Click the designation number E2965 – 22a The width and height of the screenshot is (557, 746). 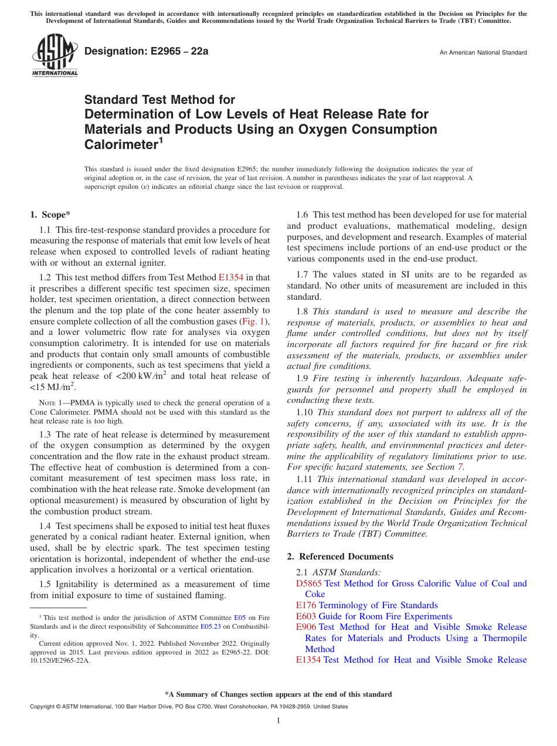(x=146, y=52)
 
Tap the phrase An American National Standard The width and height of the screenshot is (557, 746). (x=483, y=53)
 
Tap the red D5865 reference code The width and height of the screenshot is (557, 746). (x=308, y=584)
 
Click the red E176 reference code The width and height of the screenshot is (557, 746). (x=306, y=605)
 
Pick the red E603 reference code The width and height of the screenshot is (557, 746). (x=306, y=616)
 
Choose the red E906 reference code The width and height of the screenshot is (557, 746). (x=306, y=627)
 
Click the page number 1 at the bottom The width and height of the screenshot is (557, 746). (x=278, y=721)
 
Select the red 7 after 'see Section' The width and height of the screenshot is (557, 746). (x=460, y=467)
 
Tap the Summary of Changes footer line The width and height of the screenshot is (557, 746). (x=278, y=694)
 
